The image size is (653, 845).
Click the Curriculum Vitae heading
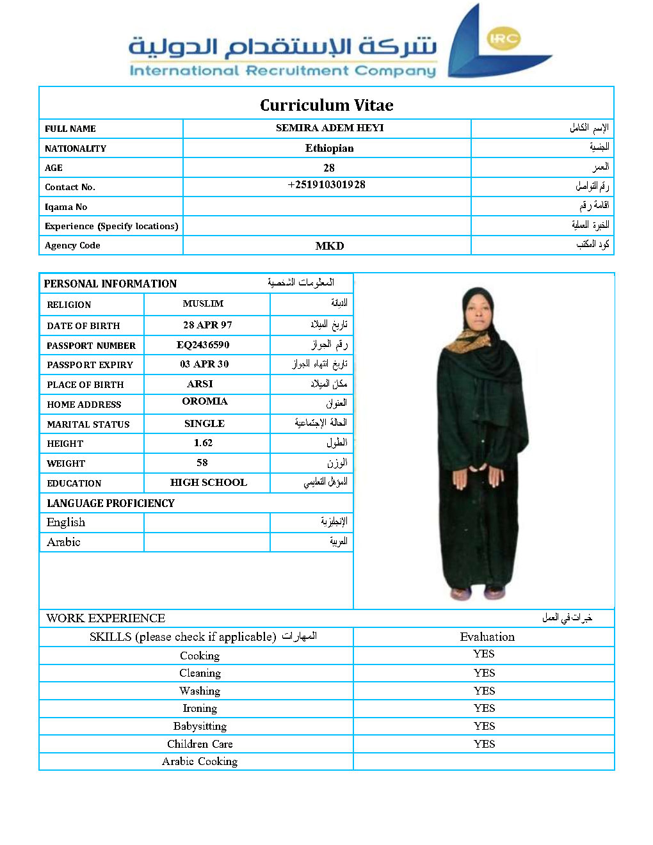(326, 105)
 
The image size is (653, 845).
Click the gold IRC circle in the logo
(504, 38)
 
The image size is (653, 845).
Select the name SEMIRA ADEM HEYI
(330, 128)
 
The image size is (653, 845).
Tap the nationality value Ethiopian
(329, 148)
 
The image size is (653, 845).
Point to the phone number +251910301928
(326, 185)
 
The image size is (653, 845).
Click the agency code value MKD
(330, 246)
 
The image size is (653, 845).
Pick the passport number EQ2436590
(203, 345)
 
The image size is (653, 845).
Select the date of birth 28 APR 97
(207, 325)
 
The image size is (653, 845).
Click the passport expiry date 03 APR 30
(204, 364)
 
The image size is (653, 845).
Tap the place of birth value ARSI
(200, 384)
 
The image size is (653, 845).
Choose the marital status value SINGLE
(204, 424)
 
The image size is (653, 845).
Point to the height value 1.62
(203, 443)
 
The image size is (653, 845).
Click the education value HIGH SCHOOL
(208, 483)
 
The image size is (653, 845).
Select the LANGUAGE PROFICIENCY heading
(111, 503)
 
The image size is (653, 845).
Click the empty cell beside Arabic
(207, 542)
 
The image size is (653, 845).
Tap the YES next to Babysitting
(484, 726)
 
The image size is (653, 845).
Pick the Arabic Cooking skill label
(200, 761)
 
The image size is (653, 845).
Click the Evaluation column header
(487, 637)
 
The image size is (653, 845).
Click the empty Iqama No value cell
(326, 206)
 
